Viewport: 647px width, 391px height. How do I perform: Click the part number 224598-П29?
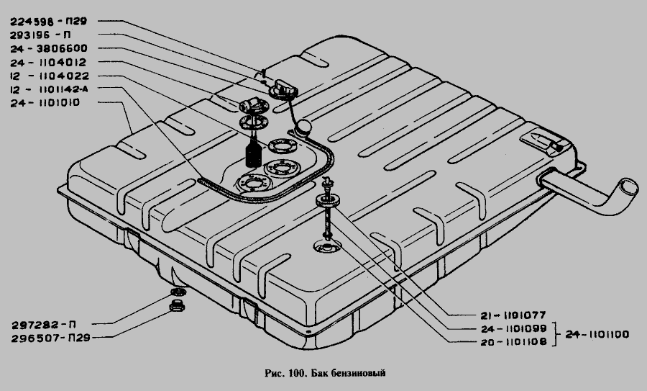coord(49,21)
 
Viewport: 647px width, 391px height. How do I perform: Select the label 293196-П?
coord(40,35)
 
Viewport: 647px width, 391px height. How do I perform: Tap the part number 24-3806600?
coord(49,48)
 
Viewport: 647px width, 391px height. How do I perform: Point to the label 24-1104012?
coord(48,63)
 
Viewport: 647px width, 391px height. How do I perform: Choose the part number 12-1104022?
coord(50,76)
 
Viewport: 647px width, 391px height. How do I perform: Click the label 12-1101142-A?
coord(49,89)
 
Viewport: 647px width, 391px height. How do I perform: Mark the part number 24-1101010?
coord(45,103)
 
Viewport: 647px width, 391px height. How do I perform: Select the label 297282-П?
coord(43,325)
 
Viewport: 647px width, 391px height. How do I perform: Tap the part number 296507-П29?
coord(50,338)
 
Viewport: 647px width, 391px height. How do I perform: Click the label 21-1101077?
coord(513,316)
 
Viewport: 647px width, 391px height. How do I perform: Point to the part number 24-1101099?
coord(514,329)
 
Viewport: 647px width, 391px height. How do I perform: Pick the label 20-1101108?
coord(514,342)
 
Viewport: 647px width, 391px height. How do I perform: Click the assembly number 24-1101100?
coord(597,334)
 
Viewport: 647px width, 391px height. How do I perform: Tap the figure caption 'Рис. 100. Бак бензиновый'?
coord(325,373)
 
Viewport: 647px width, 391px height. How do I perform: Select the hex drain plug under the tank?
coord(177,306)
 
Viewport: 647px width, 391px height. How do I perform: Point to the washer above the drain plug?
coord(178,292)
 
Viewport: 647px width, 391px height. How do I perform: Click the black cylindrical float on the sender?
coord(253,155)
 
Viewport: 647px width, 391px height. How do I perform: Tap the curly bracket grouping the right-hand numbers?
coord(556,334)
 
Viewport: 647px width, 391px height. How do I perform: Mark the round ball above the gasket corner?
coord(306,127)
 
